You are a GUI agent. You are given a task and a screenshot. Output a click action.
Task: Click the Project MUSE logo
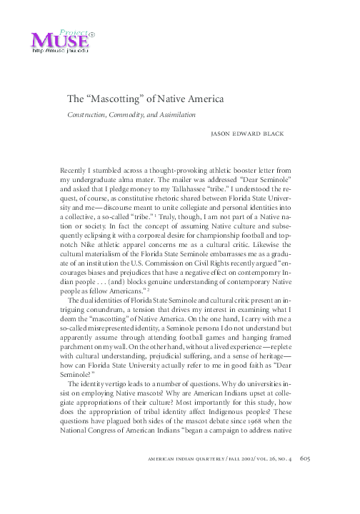60,38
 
